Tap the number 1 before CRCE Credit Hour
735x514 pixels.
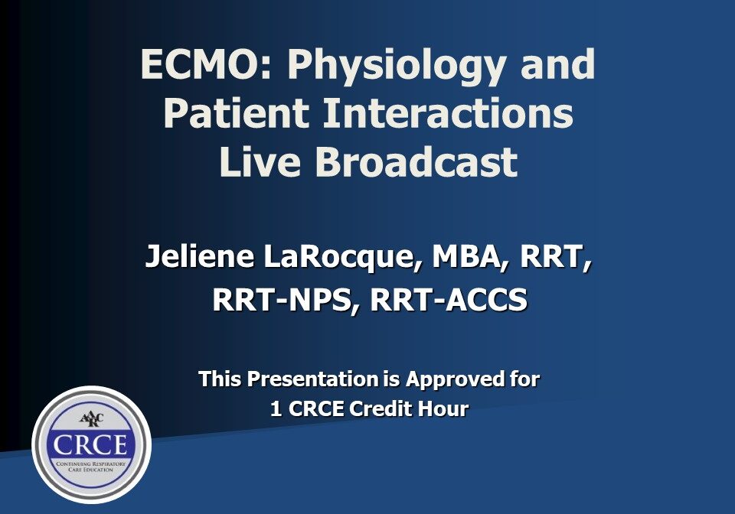(276, 409)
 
